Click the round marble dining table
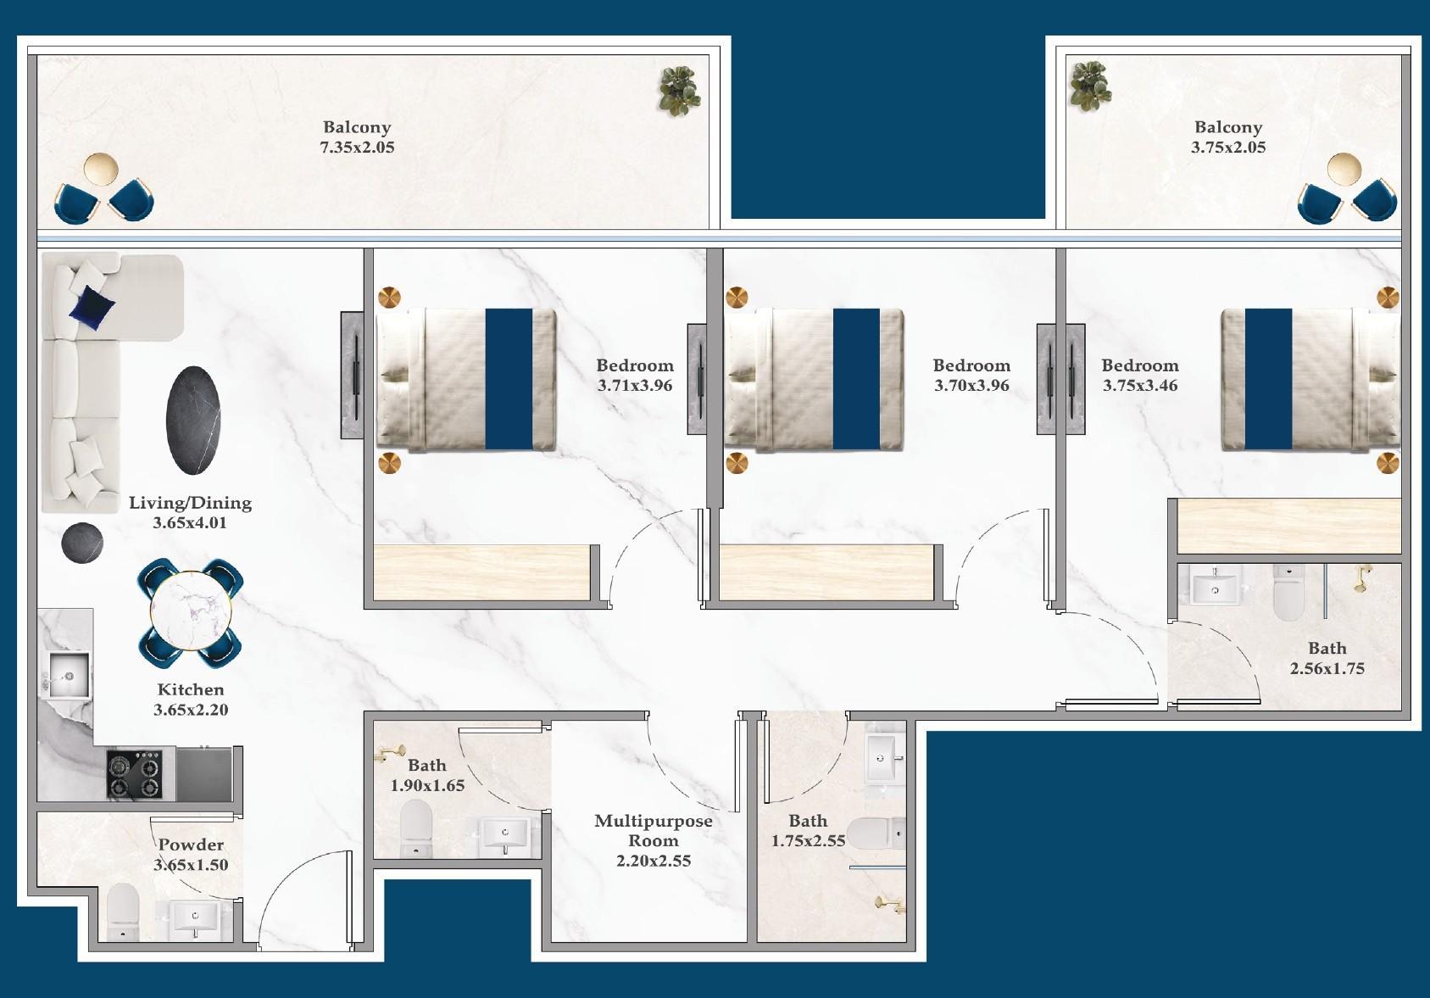point(191,611)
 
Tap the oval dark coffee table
point(193,421)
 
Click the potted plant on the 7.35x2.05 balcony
point(679,91)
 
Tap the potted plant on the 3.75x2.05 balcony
point(1089,86)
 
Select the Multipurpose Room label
point(653,831)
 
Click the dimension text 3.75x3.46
point(1140,386)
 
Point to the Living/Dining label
point(190,503)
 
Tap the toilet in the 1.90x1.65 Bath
point(415,828)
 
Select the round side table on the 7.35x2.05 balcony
point(101,169)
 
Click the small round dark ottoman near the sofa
point(82,541)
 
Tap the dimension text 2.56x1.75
point(1327,669)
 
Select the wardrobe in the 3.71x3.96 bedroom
point(481,573)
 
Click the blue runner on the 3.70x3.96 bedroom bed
point(856,379)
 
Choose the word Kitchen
point(191,690)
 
